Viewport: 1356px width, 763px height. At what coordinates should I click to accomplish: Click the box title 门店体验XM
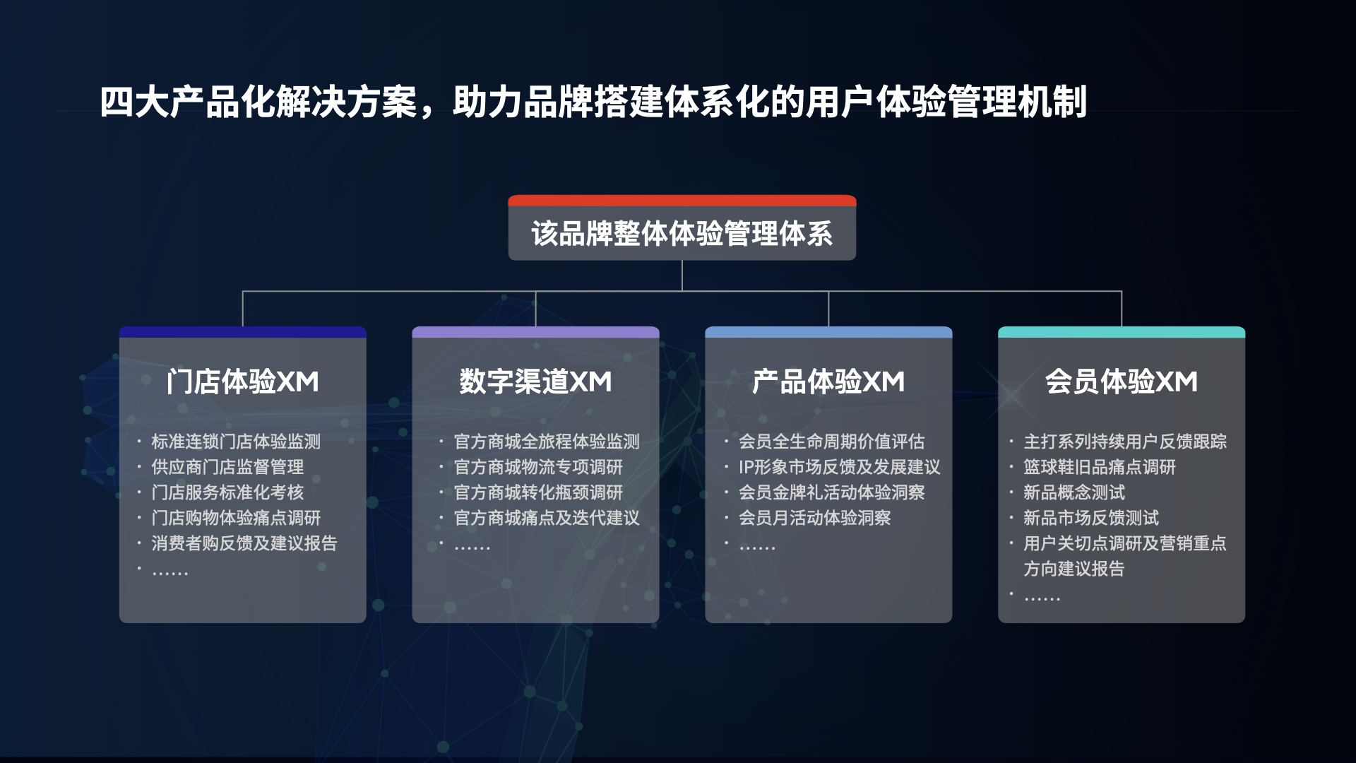[243, 381]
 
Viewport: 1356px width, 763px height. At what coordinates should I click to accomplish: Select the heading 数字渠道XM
[535, 381]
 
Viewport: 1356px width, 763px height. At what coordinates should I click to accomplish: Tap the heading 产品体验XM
[828, 381]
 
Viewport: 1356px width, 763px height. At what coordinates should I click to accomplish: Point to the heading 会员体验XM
[1122, 381]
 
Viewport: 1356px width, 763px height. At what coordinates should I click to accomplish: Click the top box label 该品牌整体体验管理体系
[682, 234]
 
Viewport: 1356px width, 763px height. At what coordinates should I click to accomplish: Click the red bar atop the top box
[682, 201]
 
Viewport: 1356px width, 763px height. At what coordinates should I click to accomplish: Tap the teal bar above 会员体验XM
[1122, 332]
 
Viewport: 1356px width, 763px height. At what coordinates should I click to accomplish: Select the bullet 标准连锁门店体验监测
[236, 442]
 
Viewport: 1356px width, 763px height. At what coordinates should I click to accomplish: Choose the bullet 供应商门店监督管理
[227, 467]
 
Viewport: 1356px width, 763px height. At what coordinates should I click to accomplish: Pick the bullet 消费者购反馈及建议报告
[244, 543]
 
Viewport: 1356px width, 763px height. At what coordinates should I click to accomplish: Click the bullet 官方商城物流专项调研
[538, 467]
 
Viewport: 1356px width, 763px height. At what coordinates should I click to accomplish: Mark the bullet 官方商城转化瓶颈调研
[538, 492]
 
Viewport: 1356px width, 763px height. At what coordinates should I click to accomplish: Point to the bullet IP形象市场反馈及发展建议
[840, 467]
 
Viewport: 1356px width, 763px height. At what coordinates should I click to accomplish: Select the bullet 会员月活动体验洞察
[815, 518]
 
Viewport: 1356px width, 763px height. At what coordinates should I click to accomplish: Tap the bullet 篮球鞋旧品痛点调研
[1100, 467]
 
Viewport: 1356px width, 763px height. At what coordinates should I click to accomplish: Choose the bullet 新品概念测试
[1074, 492]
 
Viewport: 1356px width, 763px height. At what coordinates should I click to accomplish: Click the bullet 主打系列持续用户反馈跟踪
[1125, 442]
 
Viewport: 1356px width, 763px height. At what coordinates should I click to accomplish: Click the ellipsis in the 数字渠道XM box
[472, 547]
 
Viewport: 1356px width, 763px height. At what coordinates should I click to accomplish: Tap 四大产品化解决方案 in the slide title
[258, 102]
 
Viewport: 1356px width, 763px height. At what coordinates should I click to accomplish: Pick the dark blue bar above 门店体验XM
[243, 332]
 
